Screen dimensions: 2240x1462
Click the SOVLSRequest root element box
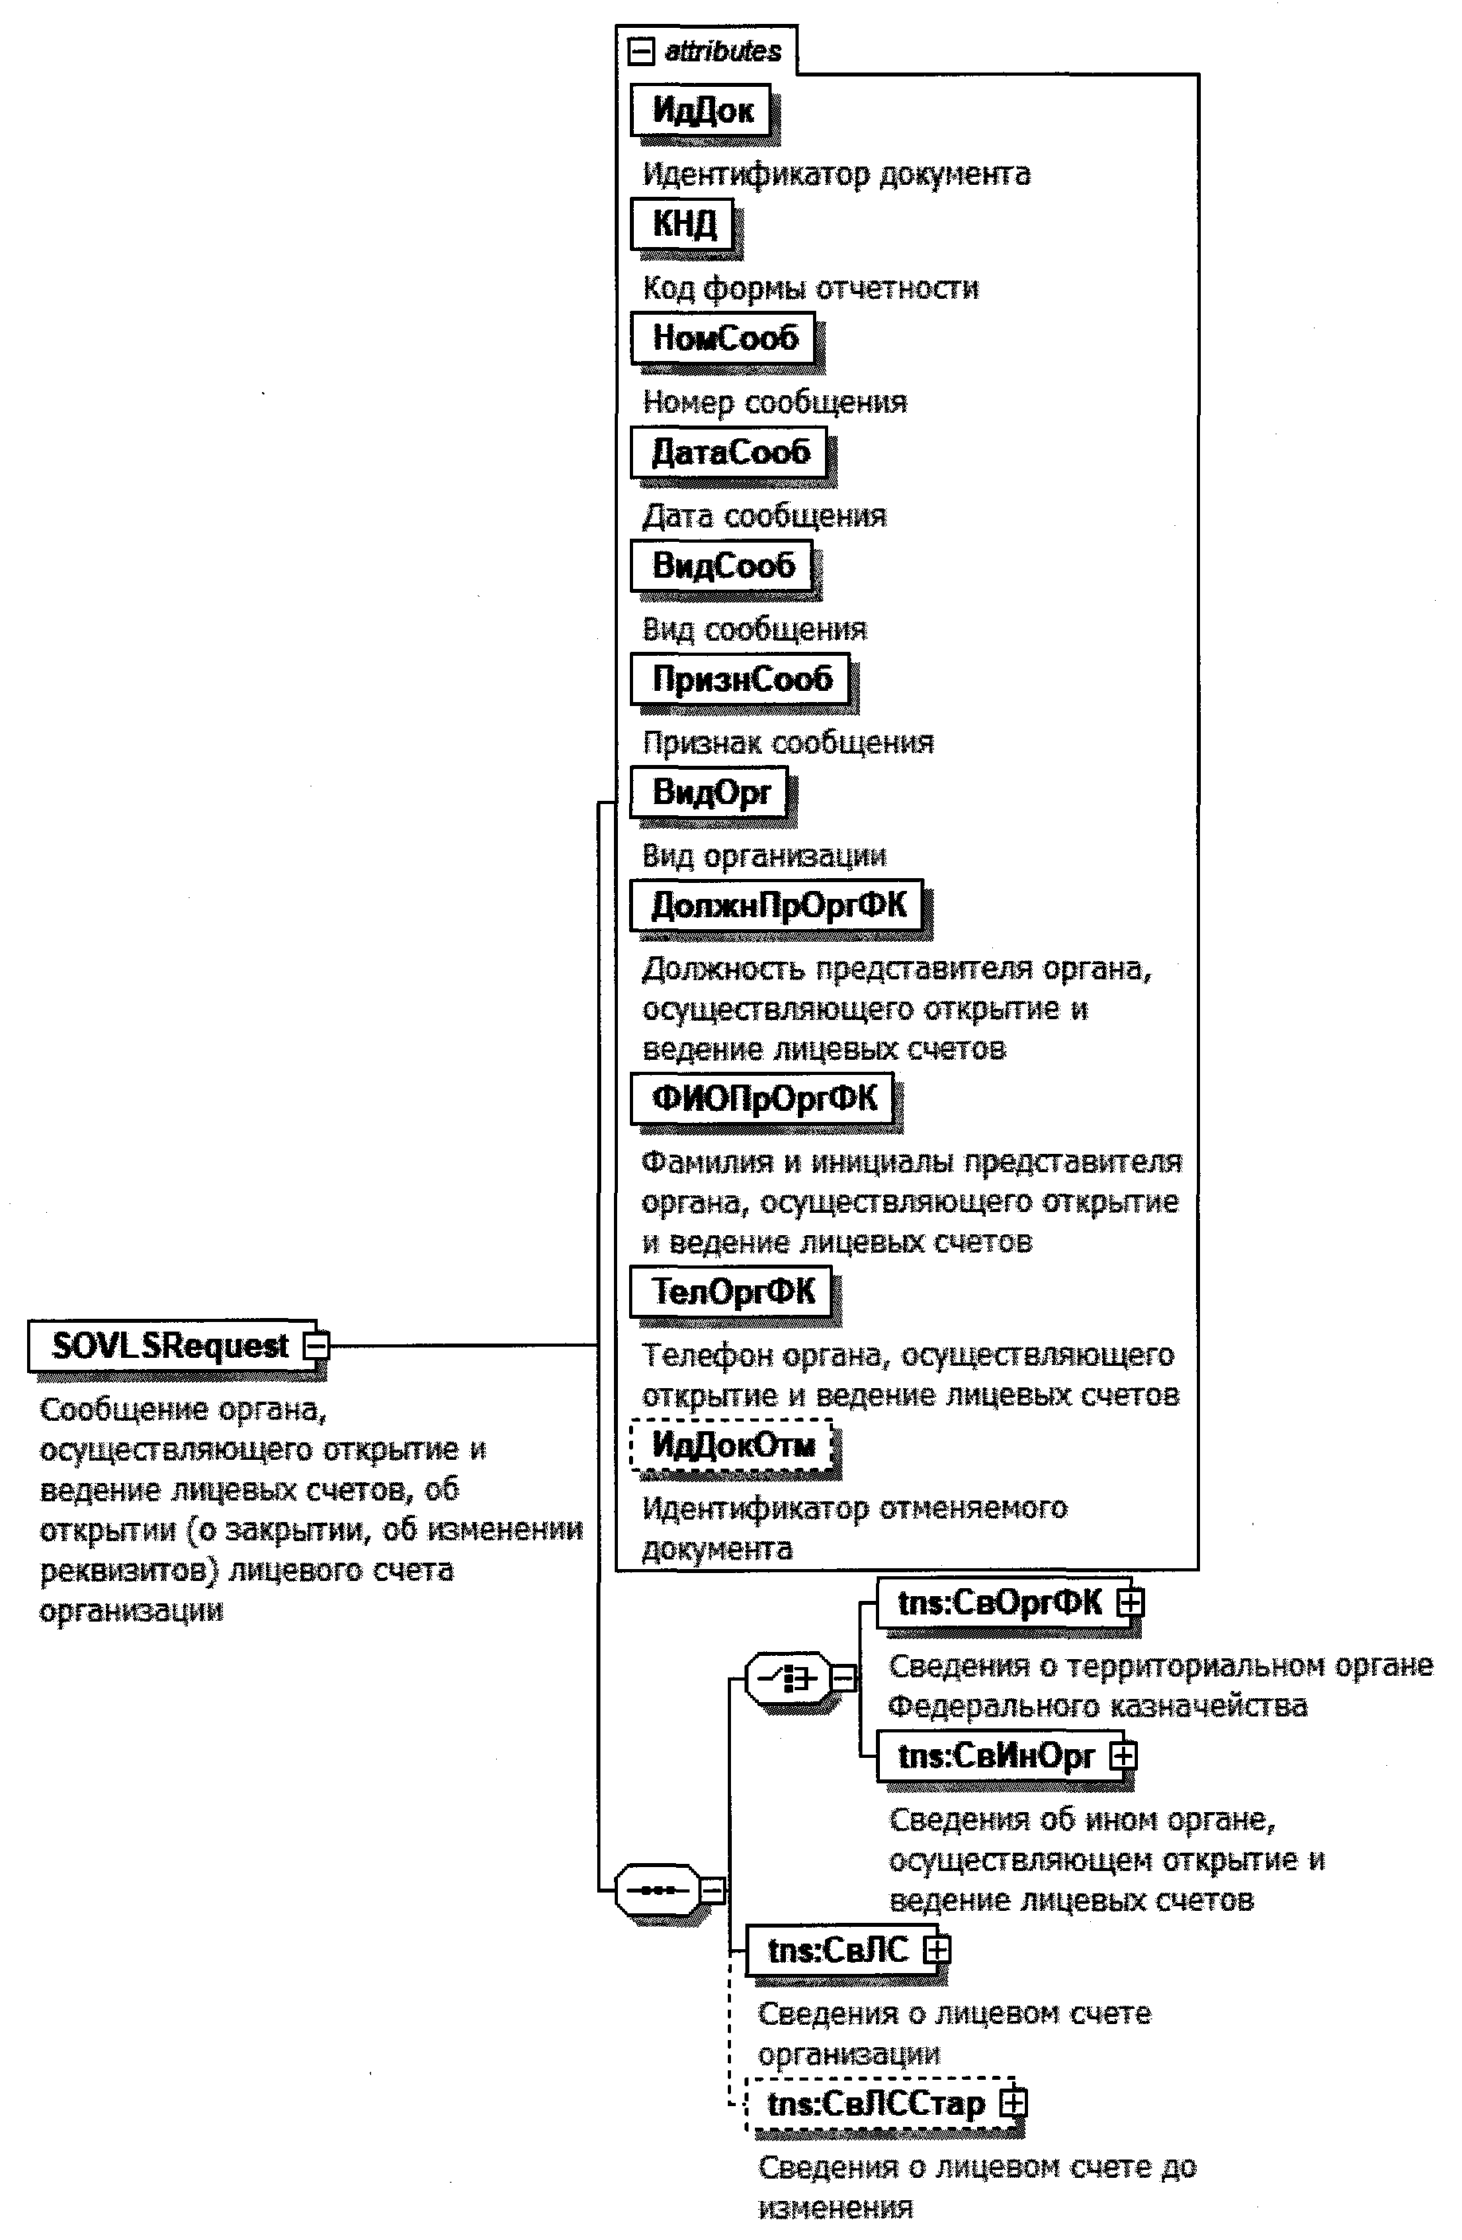pyautogui.click(x=170, y=1346)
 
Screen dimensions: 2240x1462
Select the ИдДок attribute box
pyautogui.click(x=702, y=111)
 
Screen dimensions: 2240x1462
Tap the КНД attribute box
pyautogui.click(x=683, y=225)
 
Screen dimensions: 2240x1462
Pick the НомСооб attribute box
pyautogui.click(x=725, y=339)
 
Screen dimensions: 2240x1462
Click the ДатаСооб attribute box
pyautogui.click(x=730, y=453)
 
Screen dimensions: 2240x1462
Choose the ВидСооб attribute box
pyautogui.click(x=722, y=567)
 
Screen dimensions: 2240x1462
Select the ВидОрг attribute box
pyautogui.click(x=710, y=794)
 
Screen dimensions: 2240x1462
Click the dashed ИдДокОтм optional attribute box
pyautogui.click(x=733, y=1446)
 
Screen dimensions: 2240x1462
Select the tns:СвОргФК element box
pyautogui.click(x=1000, y=1603)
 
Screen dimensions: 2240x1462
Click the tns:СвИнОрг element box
pyautogui.click(x=996, y=1756)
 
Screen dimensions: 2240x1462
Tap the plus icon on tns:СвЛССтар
pyautogui.click(x=1013, y=2104)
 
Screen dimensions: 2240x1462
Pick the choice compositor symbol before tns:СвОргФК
pyautogui.click(x=788, y=1678)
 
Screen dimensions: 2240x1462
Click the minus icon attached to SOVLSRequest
pyautogui.click(x=316, y=1346)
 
